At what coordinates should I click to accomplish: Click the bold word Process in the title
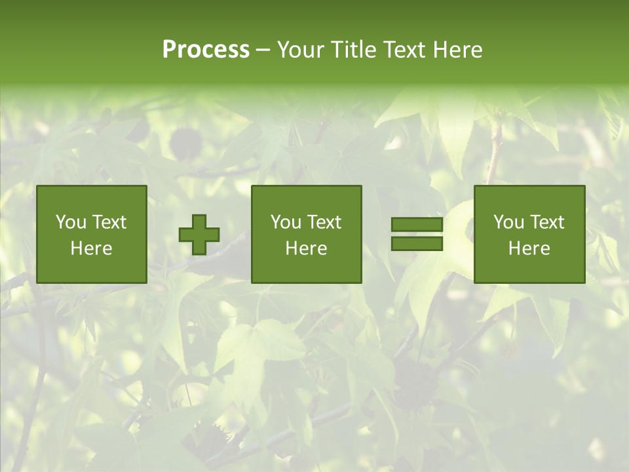click(206, 50)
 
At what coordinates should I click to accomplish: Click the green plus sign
click(200, 235)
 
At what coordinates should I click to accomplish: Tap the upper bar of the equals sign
click(417, 225)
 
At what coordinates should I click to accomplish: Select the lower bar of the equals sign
click(417, 244)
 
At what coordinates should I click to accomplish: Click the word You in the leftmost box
click(71, 222)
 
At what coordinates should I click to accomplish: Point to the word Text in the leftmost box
click(108, 222)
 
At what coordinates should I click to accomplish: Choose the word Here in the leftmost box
click(91, 248)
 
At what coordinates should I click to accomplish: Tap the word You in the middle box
click(286, 222)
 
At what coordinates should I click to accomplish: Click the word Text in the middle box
click(324, 222)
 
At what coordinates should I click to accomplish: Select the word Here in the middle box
click(306, 248)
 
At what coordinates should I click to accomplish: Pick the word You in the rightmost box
click(508, 222)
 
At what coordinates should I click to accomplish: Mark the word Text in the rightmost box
click(546, 222)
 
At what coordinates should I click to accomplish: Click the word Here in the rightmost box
click(529, 248)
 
